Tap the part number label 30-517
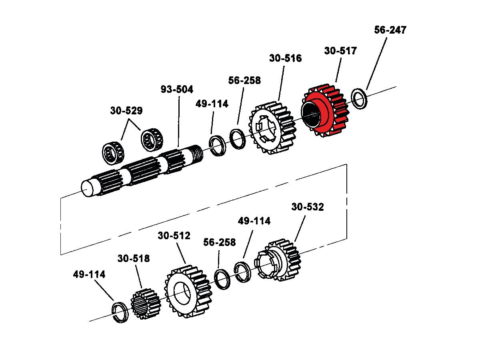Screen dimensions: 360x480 tap(340, 51)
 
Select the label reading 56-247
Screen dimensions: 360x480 tap(390, 30)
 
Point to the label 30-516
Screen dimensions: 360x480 tap(285, 58)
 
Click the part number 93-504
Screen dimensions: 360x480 tap(177, 89)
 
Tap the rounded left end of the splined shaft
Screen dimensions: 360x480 tap(88, 189)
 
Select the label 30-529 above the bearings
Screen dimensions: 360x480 tap(126, 111)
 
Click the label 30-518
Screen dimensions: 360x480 tap(134, 258)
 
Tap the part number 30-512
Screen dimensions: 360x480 tap(174, 236)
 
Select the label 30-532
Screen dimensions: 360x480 tap(308, 207)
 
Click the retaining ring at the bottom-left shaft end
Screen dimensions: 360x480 tap(120, 312)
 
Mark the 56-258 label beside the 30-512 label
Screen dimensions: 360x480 tap(219, 242)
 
